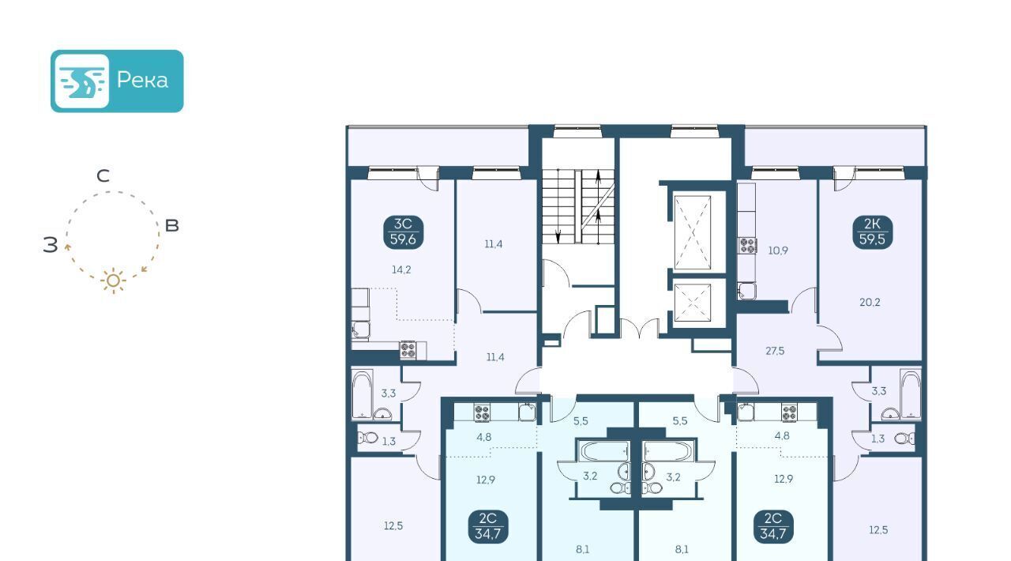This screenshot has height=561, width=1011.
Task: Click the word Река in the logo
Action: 142,81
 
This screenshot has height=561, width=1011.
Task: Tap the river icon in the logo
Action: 81,81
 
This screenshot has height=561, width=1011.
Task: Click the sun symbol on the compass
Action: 113,281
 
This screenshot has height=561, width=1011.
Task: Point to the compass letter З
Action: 50,244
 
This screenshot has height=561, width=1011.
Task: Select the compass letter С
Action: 103,175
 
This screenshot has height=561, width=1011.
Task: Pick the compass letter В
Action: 172,225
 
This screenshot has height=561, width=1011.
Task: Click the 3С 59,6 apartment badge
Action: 403,232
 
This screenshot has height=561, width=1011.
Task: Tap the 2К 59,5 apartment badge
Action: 873,232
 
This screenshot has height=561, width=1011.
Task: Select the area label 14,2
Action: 401,269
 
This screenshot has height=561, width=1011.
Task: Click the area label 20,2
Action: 870,302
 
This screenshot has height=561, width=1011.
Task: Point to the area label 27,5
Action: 775,351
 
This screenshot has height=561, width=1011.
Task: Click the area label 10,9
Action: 778,250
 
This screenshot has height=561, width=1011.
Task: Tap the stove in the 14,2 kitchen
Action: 408,350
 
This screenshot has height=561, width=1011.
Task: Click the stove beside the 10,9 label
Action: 748,246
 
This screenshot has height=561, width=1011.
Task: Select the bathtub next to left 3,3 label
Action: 363,394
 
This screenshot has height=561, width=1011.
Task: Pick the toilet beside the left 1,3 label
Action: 368,437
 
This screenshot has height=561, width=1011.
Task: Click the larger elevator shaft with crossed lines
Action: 693,232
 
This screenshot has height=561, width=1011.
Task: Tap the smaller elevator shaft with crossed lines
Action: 693,303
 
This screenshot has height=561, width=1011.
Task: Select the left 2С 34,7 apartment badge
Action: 488,526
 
